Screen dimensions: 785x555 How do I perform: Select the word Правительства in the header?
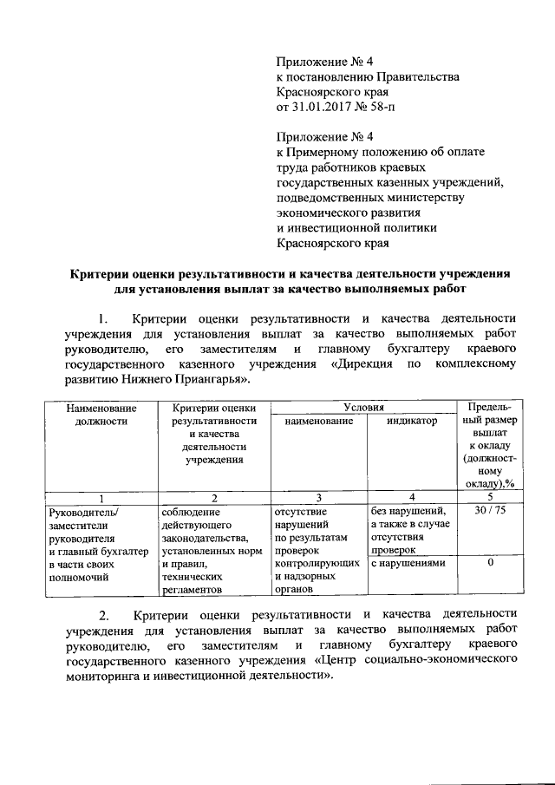point(410,76)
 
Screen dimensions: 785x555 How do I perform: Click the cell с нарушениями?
point(408,564)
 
